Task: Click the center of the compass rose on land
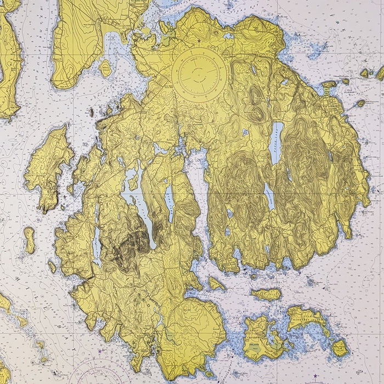pos(197,74)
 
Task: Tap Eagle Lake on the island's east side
pos(277,143)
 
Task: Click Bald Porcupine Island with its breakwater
pos(360,103)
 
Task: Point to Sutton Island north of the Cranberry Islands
pos(267,295)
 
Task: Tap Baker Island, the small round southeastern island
pos(340,347)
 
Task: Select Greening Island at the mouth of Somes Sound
pos(216,283)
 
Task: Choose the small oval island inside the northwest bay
pos(106,68)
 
